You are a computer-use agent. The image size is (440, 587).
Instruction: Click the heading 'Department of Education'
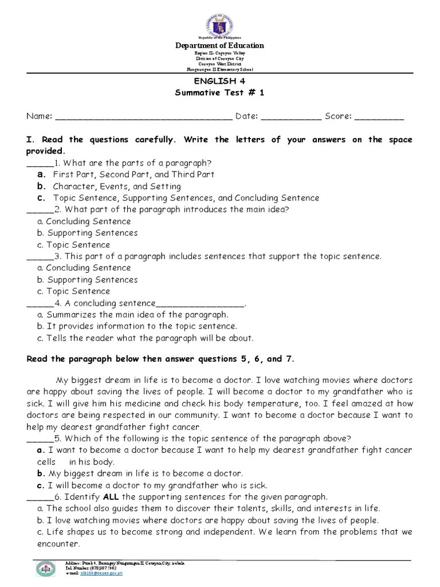pos(219,46)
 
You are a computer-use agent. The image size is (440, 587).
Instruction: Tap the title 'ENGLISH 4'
pos(219,81)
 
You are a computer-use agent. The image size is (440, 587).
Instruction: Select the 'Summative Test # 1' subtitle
pos(219,93)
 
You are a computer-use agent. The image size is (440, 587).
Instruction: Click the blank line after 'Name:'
pos(143,118)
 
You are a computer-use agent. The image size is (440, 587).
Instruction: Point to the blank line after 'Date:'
pos(291,118)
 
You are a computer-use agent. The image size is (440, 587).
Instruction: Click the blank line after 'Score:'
pos(379,118)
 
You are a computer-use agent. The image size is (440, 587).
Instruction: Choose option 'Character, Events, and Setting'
pos(117,186)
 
